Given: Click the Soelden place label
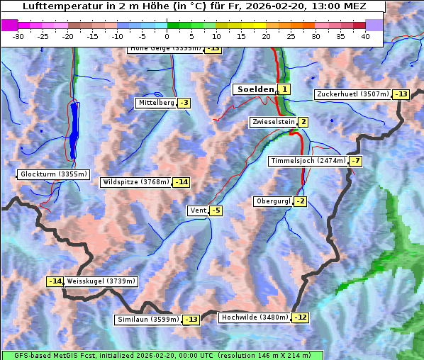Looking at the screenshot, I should point(254,89).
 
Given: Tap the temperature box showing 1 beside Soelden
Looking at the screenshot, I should point(284,89).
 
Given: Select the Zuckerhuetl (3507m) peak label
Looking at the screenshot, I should point(353,94).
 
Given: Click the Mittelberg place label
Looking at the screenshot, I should point(156,103).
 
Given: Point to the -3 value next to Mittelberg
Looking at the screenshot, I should point(184,103).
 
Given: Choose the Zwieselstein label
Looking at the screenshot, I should point(273,122).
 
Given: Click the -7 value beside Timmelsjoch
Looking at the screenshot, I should point(355,161).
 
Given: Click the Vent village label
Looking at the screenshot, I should point(198,210).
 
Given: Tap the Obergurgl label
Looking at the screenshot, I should point(273,201).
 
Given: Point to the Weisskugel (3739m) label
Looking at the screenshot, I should point(101,281).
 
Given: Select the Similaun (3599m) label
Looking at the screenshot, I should point(148,320).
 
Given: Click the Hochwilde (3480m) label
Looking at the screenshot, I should point(255,317).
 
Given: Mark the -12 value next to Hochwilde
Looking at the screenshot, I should point(301,317).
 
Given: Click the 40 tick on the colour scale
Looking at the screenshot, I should point(365,36).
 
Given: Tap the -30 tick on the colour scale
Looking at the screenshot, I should point(18,36).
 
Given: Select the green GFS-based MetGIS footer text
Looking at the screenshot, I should point(162,355).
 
